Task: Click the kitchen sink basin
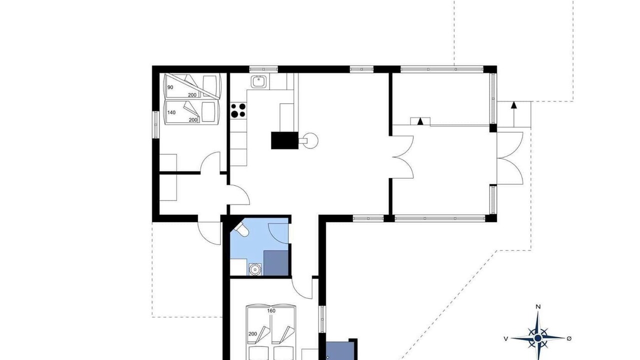point(259,81)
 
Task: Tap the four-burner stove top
point(238,110)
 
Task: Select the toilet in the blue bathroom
point(241,229)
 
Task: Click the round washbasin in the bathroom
point(255,269)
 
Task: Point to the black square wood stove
point(284,140)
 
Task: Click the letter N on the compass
point(538,307)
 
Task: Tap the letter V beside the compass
point(505,339)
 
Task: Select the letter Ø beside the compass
point(569,338)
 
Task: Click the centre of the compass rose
point(537,338)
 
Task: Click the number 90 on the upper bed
point(170,87)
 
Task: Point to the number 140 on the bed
point(171,112)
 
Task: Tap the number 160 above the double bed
point(271,311)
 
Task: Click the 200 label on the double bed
point(253,333)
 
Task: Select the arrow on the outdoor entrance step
point(514,114)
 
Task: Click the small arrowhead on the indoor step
point(420,121)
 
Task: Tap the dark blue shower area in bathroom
point(275,263)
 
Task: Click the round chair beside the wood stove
point(310,140)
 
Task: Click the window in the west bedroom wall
point(155,125)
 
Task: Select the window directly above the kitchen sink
point(263,69)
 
